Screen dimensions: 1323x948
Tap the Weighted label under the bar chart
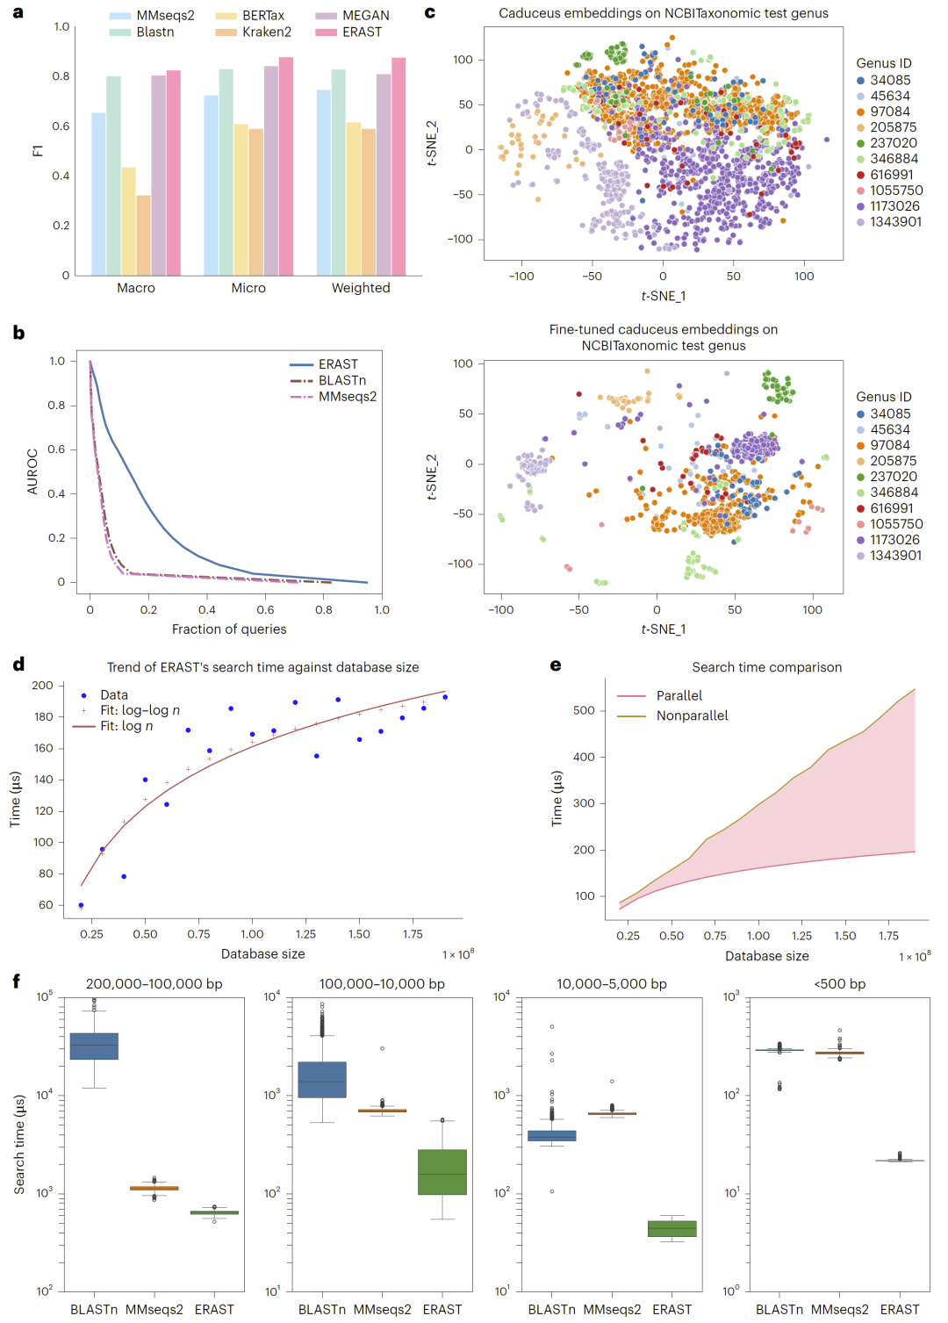click(x=361, y=288)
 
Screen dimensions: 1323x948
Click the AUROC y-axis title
click(x=32, y=471)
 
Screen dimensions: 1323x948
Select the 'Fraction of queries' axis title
click(x=229, y=629)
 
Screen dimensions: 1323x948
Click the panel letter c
click(x=430, y=12)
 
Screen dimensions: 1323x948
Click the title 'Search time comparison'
click(x=766, y=667)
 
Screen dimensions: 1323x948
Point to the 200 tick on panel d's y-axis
click(x=42, y=686)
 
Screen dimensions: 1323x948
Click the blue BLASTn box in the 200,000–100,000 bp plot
click(x=94, y=1046)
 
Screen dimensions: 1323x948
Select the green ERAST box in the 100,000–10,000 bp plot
click(x=442, y=1172)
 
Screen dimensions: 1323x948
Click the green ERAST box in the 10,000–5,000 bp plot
click(x=672, y=1229)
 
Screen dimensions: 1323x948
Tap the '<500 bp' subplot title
click(x=840, y=984)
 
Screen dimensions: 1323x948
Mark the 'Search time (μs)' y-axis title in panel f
click(x=19, y=1144)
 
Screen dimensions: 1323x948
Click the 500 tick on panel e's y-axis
click(x=585, y=710)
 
